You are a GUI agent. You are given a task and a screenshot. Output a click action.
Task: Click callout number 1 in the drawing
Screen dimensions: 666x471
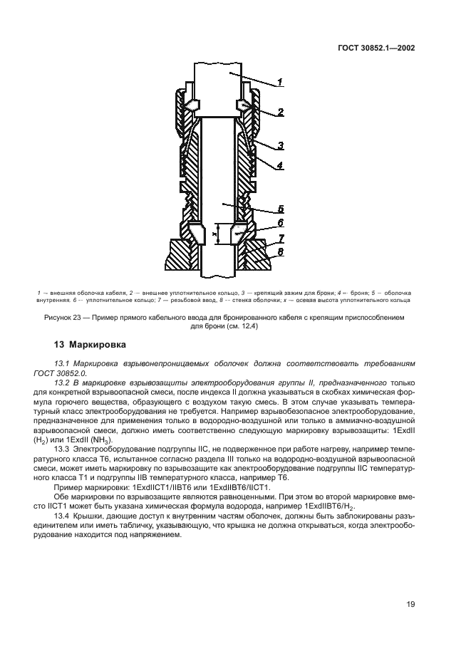[x=280, y=83]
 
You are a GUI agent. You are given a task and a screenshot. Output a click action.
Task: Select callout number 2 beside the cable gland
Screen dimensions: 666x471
[x=281, y=112]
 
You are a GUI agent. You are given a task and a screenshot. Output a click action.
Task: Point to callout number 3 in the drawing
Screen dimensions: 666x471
[x=281, y=145]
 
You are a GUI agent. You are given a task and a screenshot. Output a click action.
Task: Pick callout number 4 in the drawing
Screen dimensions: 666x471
[x=281, y=165]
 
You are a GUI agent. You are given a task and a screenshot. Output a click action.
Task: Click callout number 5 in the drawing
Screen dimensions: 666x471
[x=281, y=209]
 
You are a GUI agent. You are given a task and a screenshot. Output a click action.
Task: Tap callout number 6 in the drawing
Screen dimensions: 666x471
[x=281, y=223]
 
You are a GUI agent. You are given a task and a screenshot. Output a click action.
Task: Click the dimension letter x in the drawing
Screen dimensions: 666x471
[x=213, y=232]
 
